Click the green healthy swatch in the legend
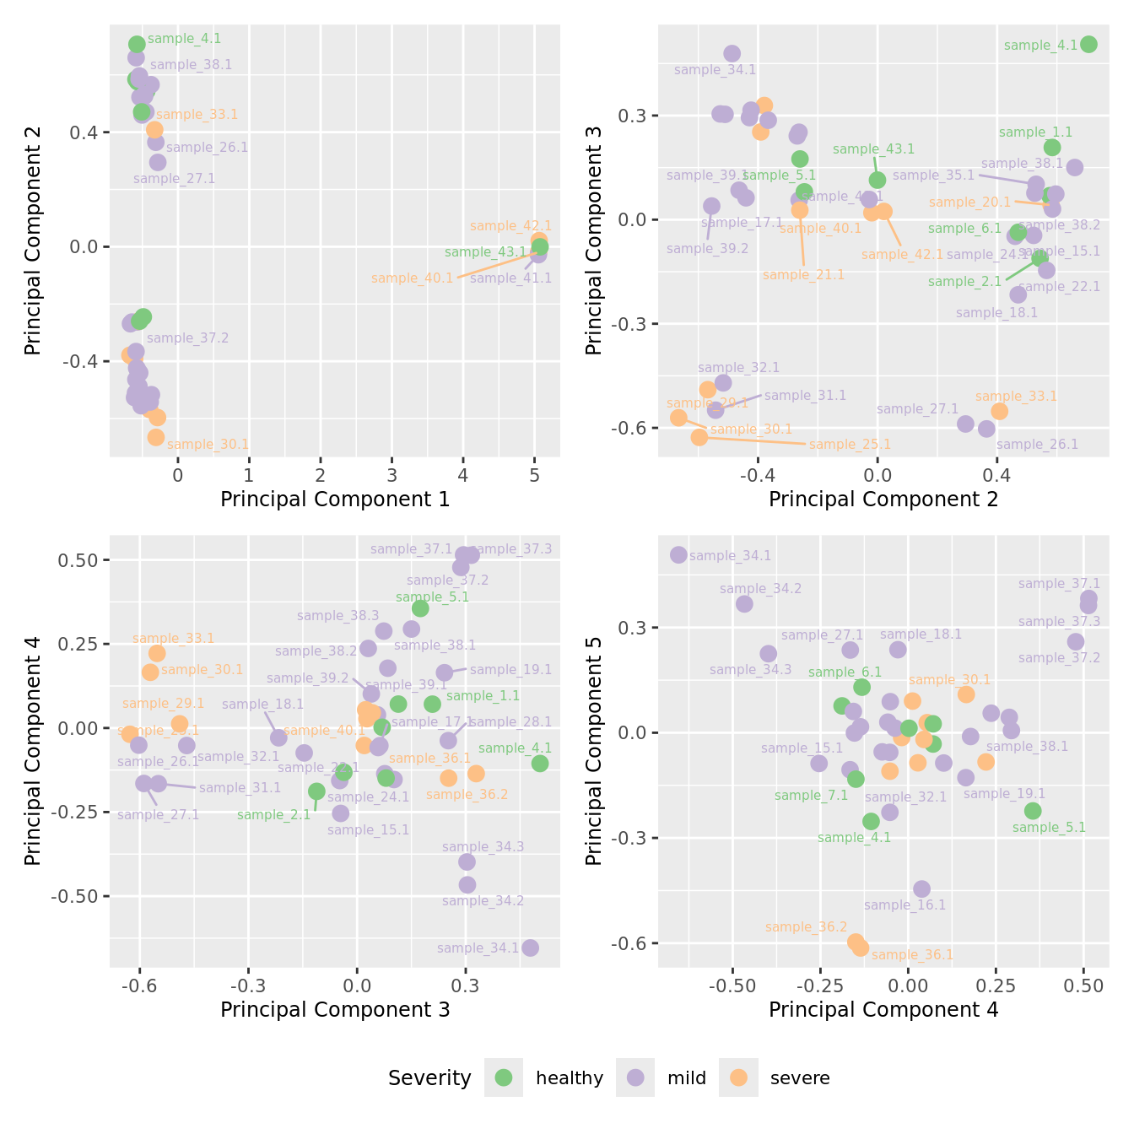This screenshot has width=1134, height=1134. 504,1077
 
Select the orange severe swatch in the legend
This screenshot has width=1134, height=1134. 738,1077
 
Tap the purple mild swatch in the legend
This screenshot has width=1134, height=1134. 635,1077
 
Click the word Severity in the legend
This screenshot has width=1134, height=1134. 429,1078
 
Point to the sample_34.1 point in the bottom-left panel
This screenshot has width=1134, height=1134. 530,948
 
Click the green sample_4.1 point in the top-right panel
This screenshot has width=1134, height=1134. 1088,45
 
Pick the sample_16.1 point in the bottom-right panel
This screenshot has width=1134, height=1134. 921,889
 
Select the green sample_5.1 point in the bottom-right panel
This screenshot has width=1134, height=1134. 1033,811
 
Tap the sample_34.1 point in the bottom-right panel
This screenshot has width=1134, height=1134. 678,555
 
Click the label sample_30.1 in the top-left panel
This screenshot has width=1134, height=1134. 208,445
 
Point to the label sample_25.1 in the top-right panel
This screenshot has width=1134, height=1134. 850,445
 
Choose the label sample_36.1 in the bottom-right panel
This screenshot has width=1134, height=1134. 912,955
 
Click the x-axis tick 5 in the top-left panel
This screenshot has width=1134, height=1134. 534,476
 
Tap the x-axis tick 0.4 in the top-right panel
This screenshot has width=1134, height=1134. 996,476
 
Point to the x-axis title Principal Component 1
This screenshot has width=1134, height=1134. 335,499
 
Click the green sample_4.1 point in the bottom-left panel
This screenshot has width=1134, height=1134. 540,764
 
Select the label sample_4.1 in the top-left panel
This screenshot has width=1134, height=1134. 184,39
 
